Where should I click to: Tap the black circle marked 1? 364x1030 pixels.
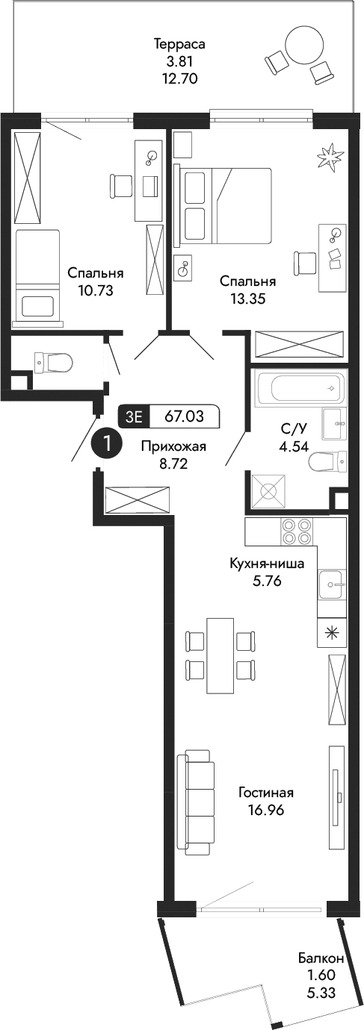[x=107, y=443]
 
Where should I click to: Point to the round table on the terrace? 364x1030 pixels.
[x=306, y=47]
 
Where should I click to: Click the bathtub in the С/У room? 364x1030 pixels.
[x=300, y=388]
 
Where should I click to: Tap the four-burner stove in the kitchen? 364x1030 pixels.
[x=296, y=532]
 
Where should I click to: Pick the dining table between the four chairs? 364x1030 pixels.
[x=220, y=655]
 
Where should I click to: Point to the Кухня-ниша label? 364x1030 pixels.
[x=267, y=564]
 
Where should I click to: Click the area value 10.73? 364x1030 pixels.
[x=95, y=290]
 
